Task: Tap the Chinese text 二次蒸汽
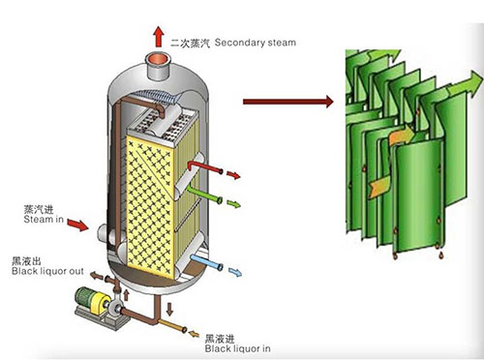(190, 43)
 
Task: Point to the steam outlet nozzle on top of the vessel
(158, 68)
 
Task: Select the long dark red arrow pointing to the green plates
(287, 100)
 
